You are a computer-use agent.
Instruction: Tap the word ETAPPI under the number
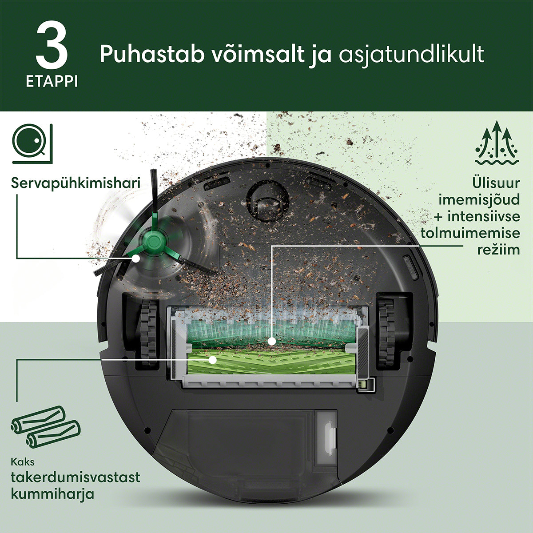pyautogui.click(x=52, y=82)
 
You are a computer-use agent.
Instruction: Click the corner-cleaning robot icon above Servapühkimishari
pyautogui.click(x=32, y=143)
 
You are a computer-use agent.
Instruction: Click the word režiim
pyautogui.click(x=498, y=250)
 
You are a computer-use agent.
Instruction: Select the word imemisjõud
pyautogui.click(x=479, y=200)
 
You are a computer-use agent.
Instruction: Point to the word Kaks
pyautogui.click(x=23, y=462)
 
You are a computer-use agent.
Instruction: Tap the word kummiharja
pyautogui.click(x=52, y=494)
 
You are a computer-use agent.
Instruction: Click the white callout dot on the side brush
pyautogui.click(x=135, y=259)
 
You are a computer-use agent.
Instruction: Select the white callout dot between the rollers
pyautogui.click(x=272, y=342)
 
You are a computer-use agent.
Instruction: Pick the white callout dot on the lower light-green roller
pyautogui.click(x=212, y=360)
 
